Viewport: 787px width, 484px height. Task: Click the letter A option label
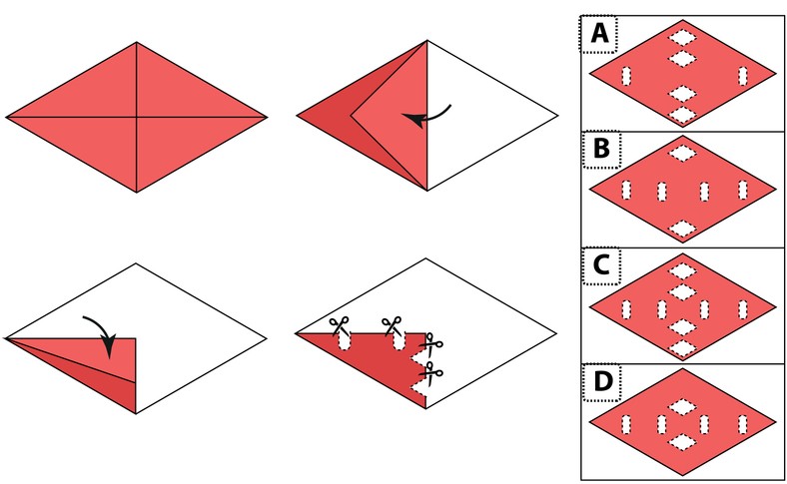[600, 33]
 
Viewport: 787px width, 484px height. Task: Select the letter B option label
[601, 149]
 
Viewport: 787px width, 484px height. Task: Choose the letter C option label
[601, 265]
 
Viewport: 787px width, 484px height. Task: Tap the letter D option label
[603, 381]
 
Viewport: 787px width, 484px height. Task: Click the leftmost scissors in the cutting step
[340, 325]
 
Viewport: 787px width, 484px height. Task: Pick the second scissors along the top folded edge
[392, 325]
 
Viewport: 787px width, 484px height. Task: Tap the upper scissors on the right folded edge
[431, 345]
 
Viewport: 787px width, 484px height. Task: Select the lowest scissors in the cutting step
[431, 373]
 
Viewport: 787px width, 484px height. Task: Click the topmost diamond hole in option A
[682, 38]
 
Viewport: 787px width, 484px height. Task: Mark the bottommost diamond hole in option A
[682, 115]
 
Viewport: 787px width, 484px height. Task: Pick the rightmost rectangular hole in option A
[743, 76]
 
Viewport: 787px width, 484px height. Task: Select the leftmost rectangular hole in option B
[626, 190]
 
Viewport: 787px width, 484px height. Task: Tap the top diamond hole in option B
[682, 153]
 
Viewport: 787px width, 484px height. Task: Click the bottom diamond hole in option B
[682, 229]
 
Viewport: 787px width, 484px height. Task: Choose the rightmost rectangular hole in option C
[743, 309]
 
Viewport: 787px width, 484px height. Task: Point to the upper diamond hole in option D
[682, 407]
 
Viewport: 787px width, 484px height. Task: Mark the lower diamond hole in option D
[682, 442]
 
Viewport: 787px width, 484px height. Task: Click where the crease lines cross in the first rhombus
[137, 118]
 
